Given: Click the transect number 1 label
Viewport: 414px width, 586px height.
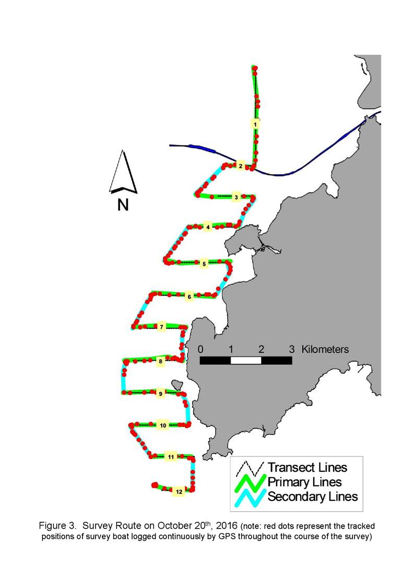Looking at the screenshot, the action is click(255, 124).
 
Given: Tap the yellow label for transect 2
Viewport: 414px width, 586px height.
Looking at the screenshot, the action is click(241, 166).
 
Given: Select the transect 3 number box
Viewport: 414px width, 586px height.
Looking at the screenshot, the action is click(236, 197).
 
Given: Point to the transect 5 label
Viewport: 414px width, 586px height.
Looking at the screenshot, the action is click(204, 264).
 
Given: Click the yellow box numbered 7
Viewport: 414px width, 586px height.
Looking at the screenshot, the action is click(161, 327).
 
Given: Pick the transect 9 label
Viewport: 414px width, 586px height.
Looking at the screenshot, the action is click(160, 394).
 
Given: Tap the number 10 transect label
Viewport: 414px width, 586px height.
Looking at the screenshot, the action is click(163, 425).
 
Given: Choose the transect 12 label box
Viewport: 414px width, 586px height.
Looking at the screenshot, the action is click(179, 492).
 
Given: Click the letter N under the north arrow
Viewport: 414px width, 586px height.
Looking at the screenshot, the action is click(123, 205).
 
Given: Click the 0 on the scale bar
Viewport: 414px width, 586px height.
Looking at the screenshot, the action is click(201, 350).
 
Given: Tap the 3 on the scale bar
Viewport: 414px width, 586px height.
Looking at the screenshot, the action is click(292, 350).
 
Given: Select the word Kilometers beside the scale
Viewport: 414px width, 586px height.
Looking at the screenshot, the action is click(325, 350).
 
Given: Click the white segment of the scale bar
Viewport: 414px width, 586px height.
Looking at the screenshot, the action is click(246, 360).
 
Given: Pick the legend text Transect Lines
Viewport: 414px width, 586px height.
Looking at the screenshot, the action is click(307, 468).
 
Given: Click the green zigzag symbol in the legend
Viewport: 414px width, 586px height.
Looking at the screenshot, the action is click(250, 483).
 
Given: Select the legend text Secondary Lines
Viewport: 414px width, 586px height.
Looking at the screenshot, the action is click(313, 497).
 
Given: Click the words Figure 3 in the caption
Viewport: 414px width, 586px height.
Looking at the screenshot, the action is click(57, 526).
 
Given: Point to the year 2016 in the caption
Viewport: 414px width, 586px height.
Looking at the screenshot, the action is click(227, 526).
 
